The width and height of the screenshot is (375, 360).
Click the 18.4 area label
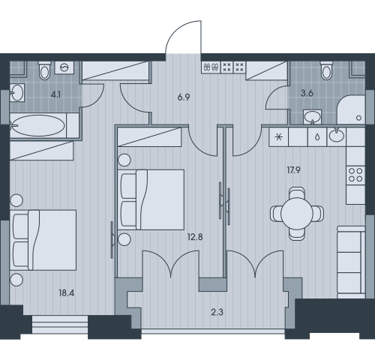pos(67,293)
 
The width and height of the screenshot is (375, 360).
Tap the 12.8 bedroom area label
pos(195,237)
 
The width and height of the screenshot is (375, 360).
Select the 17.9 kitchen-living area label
pos(293,170)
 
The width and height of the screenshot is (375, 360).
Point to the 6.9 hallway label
pos(184,97)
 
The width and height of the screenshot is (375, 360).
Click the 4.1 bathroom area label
pos(55,94)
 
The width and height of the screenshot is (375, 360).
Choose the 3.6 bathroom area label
pos(307,93)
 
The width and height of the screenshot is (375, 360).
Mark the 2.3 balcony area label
pos(217,312)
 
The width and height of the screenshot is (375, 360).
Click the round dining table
pos(297,214)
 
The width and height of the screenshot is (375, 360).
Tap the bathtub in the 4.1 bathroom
pos(38,125)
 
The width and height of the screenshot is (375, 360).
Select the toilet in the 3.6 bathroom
pos(327,70)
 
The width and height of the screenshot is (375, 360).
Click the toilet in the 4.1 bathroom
pos(45,70)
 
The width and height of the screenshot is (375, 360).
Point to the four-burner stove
pos(355,175)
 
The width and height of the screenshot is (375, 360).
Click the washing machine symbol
pos(64,67)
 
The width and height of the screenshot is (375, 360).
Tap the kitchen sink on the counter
pos(337,136)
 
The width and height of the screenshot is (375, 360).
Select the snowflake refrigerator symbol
pos(278,137)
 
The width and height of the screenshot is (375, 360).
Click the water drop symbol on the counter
pos(317,137)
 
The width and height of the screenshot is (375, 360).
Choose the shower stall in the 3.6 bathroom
pos(351,109)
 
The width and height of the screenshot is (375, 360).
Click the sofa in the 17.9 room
pos(351,262)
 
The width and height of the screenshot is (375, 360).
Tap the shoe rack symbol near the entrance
pos(211,67)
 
